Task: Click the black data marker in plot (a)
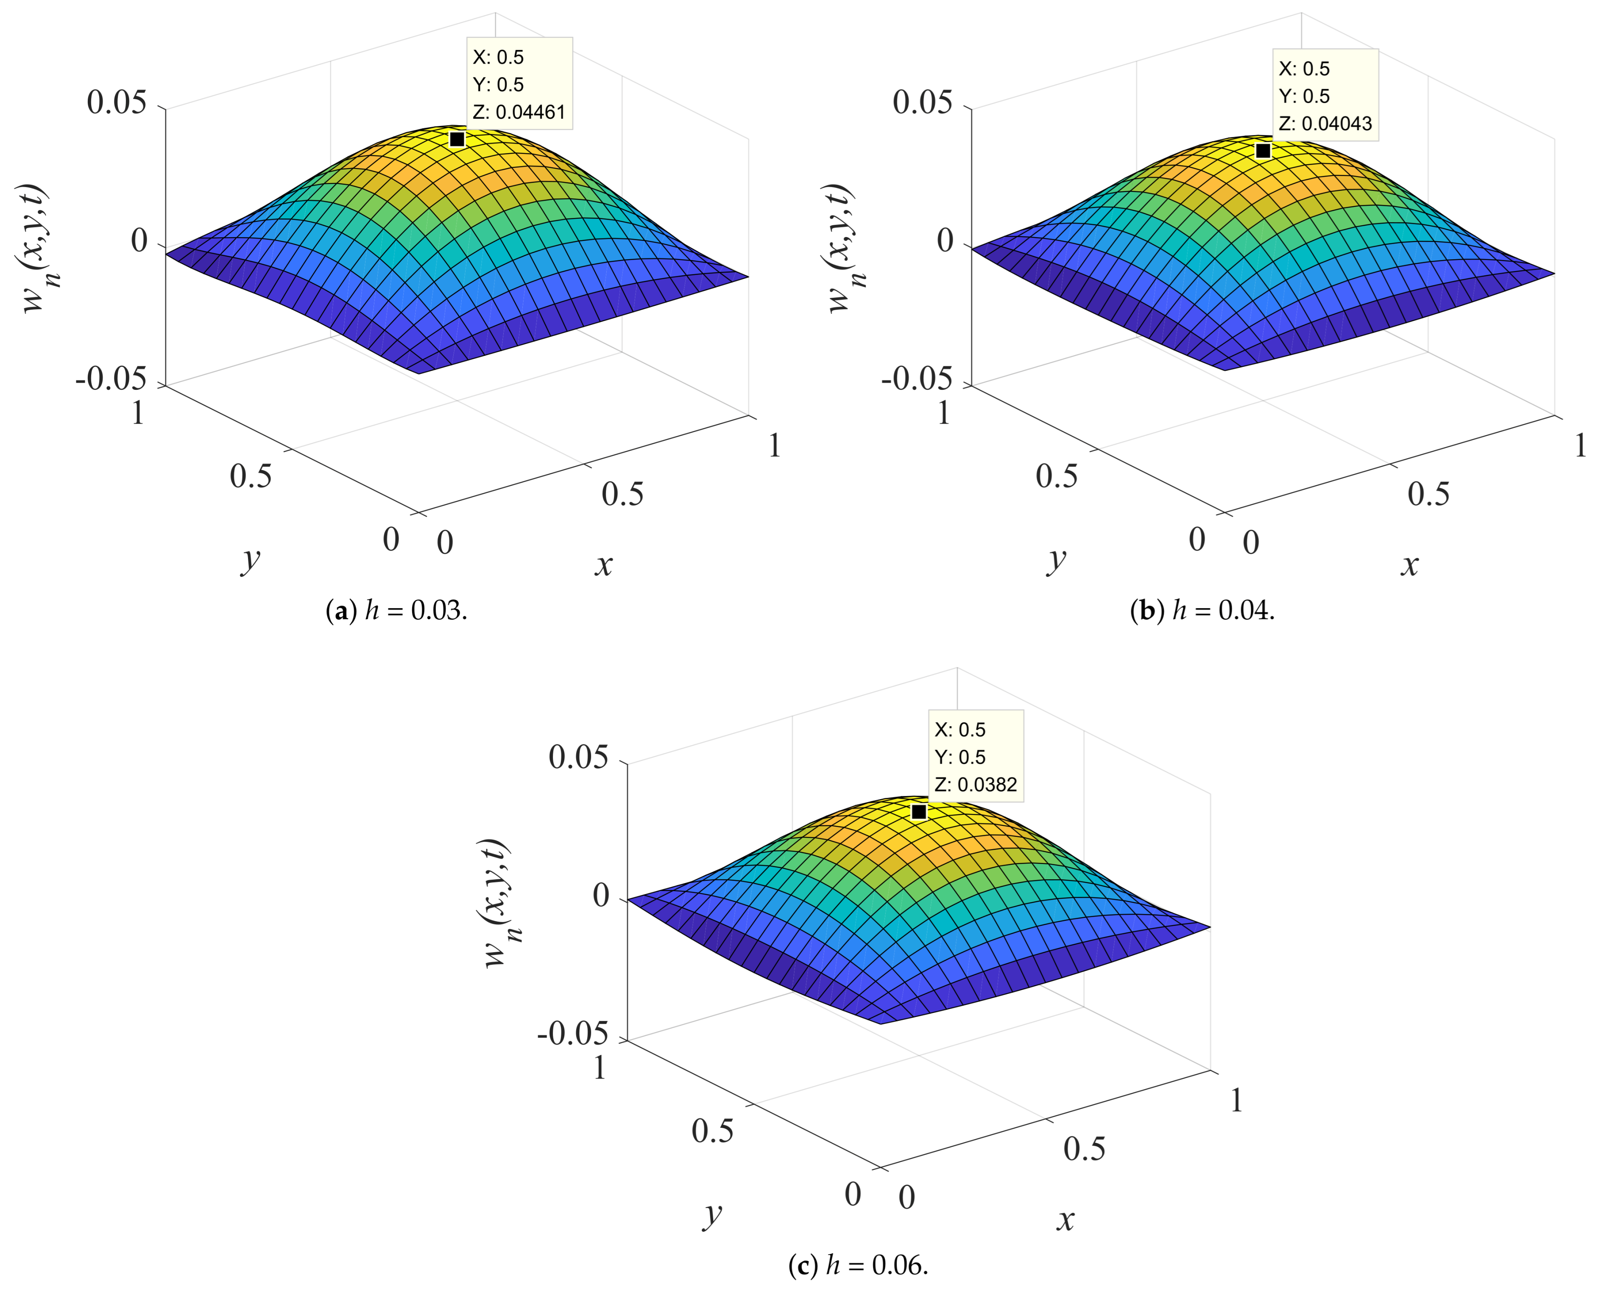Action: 457,139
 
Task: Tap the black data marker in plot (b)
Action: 1263,150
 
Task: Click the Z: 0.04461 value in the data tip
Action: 519,112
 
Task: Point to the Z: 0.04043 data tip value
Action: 1325,123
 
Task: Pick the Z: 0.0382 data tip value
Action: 975,784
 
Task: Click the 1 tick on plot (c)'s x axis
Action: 1235,1100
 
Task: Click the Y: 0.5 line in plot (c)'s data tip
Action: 960,757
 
